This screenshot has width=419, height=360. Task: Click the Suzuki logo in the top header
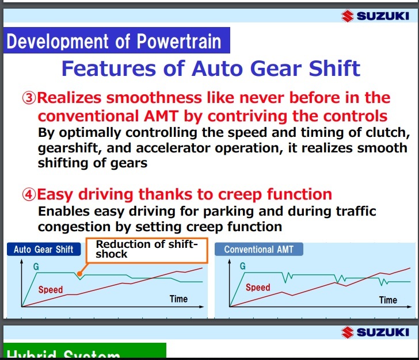375,16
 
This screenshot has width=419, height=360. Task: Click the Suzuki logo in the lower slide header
375,332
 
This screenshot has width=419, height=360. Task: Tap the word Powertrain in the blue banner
179,41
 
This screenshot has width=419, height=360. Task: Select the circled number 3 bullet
29,98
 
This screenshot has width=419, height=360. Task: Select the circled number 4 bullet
29,194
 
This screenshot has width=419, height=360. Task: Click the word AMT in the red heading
161,116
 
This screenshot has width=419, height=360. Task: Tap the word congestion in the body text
74,227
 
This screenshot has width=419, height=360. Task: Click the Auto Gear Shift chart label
44,249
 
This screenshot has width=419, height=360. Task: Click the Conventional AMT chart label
258,249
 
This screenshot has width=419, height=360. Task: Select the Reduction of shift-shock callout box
147,250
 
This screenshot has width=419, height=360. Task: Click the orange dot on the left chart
79,274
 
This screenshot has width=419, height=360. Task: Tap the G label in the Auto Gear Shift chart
36,266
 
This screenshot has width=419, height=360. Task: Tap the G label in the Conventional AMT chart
243,266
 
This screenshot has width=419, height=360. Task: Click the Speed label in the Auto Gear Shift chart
51,290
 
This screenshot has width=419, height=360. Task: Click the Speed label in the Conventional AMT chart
258,288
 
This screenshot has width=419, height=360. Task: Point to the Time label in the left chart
178,299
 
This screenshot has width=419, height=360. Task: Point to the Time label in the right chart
388,300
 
